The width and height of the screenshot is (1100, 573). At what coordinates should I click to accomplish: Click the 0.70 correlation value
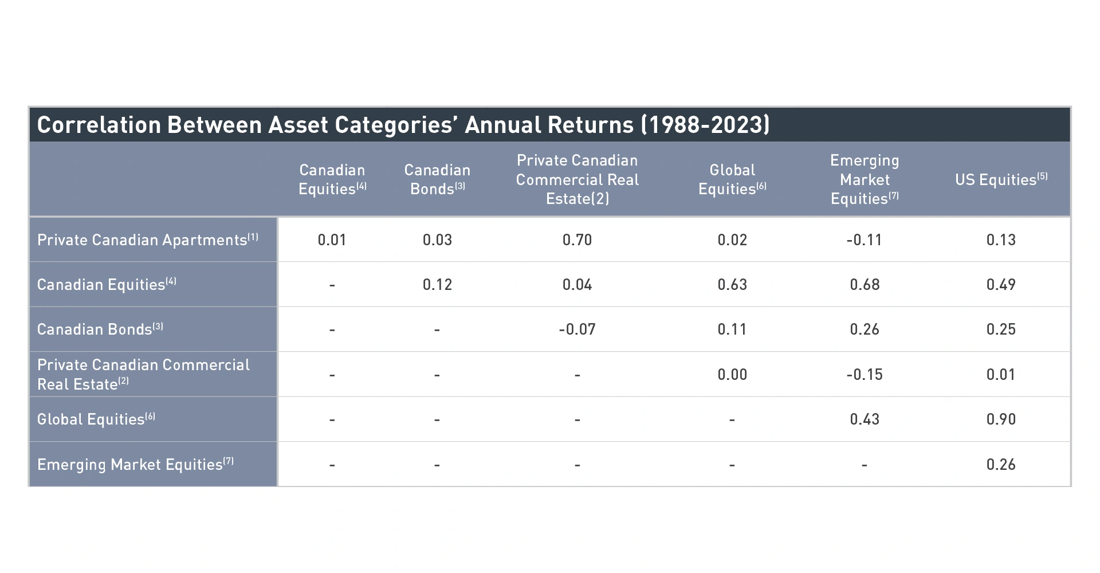click(x=577, y=240)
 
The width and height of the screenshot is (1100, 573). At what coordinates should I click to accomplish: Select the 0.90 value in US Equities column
click(x=1001, y=419)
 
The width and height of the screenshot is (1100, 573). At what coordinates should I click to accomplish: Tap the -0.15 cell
click(x=865, y=374)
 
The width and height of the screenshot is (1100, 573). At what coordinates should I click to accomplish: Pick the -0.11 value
click(x=864, y=240)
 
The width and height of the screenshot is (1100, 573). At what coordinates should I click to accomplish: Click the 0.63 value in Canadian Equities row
click(x=732, y=284)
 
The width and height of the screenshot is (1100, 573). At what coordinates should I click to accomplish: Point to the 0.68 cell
click(x=865, y=284)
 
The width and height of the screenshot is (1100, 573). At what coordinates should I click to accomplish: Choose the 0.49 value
click(x=1001, y=284)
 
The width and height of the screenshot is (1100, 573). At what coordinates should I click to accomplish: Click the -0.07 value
click(x=577, y=329)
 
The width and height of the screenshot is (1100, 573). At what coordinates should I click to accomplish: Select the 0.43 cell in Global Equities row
click(x=865, y=419)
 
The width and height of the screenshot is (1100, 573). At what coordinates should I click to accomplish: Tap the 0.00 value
click(x=732, y=374)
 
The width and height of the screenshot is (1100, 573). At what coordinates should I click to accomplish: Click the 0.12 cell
click(x=437, y=284)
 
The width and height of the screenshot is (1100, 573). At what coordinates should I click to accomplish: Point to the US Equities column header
click(x=1001, y=179)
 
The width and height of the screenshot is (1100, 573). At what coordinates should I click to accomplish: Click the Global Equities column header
click(x=732, y=179)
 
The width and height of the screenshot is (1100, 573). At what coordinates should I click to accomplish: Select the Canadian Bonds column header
click(x=437, y=179)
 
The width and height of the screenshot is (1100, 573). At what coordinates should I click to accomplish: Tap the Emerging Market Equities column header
click(x=865, y=179)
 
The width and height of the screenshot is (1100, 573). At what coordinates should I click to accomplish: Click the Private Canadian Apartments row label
click(x=148, y=240)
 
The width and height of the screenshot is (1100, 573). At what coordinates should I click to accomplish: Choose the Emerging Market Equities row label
click(x=136, y=464)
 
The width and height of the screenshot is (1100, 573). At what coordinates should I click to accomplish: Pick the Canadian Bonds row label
click(x=100, y=329)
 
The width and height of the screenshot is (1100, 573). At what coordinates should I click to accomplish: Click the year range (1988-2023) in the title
click(x=705, y=124)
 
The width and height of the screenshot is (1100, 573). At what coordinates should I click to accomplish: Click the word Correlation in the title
click(x=99, y=124)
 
